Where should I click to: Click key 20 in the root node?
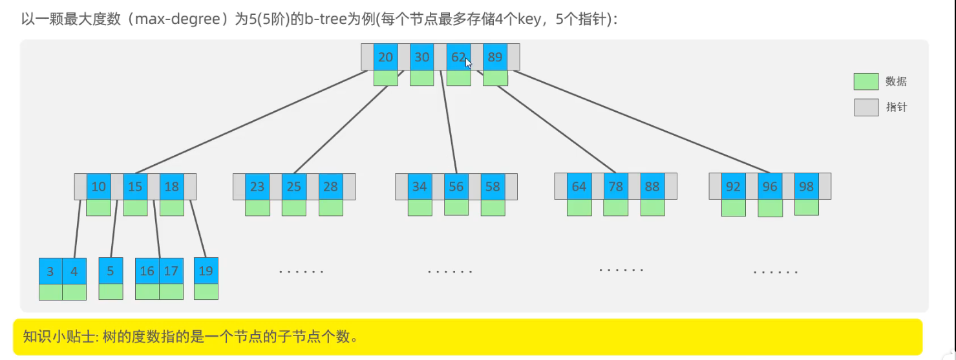[385, 57]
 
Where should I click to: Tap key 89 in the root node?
[495, 57]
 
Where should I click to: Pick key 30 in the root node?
[421, 57]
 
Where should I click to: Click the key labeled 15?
[135, 186]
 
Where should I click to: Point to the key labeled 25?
[294, 186]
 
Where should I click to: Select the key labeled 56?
[456, 186]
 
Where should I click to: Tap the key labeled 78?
[615, 186]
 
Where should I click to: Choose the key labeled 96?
[770, 186]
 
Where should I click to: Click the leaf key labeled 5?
[111, 271]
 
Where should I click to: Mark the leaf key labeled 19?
[206, 271]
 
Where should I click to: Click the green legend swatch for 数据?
[866, 81]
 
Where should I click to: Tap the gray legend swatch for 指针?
[866, 107]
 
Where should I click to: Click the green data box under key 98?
[806, 207]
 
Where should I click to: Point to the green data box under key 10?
[98, 207]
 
